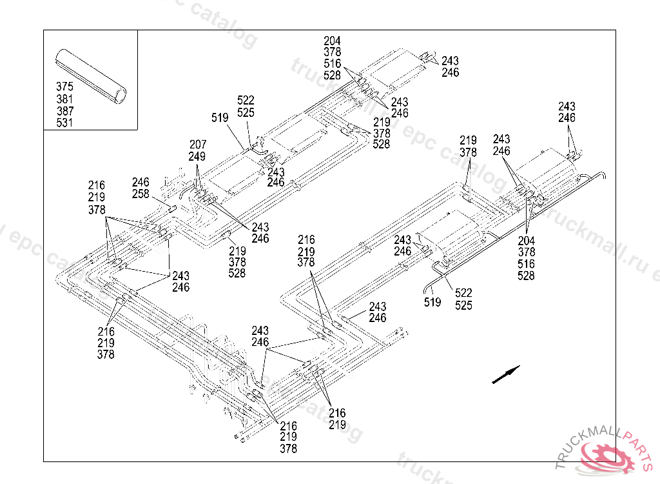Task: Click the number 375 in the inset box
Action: pos(64,87)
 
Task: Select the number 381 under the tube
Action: pos(64,99)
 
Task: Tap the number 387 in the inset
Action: pos(64,111)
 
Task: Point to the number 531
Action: pos(64,123)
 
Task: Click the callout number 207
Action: pos(197,145)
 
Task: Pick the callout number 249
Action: pos(197,156)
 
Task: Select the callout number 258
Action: pos(141,194)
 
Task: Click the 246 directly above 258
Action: pos(141,183)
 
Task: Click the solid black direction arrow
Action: pos(505,375)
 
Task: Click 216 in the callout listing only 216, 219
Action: pos(337,413)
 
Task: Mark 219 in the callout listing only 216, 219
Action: pos(337,425)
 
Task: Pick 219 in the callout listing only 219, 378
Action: pos(468,141)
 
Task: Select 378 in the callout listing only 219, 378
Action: pos(468,152)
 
